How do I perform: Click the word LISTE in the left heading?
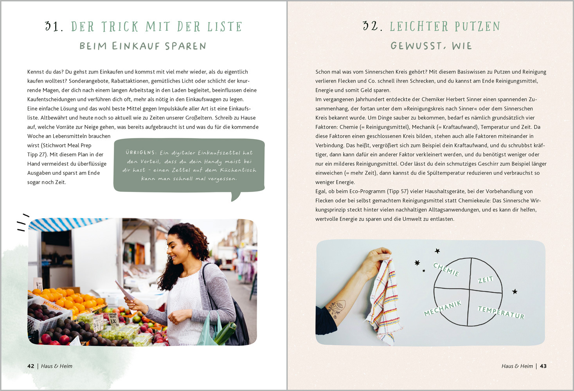point(225,27)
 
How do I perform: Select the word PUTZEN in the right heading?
point(477,26)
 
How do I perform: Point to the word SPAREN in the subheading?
point(185,46)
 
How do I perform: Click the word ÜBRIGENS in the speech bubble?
point(140,152)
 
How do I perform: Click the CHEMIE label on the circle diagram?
point(446,269)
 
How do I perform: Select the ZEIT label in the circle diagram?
point(485,279)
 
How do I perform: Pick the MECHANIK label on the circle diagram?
point(443,308)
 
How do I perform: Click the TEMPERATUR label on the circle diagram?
point(501,312)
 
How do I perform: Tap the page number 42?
point(31,366)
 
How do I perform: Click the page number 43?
point(543,366)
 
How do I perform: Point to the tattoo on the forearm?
point(337,308)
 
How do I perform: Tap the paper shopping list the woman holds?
point(124,290)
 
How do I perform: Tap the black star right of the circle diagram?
point(515,291)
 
